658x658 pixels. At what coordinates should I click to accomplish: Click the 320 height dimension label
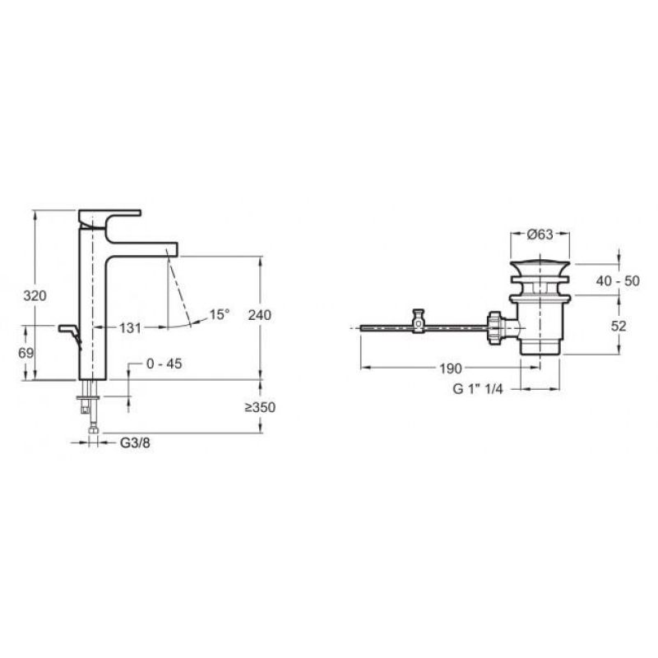(x=35, y=296)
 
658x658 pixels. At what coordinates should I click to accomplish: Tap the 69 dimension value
(x=25, y=354)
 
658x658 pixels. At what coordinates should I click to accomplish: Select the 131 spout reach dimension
(x=130, y=327)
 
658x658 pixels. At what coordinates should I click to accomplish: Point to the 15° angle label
(x=220, y=314)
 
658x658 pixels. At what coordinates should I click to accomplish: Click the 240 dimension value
(x=259, y=315)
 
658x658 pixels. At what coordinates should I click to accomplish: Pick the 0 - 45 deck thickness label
(x=164, y=364)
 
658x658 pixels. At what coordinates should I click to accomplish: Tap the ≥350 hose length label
(x=260, y=407)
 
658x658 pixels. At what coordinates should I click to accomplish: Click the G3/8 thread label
(x=135, y=443)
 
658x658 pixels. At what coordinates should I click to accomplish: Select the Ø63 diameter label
(x=540, y=234)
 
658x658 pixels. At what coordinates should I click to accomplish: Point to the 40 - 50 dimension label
(x=618, y=280)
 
